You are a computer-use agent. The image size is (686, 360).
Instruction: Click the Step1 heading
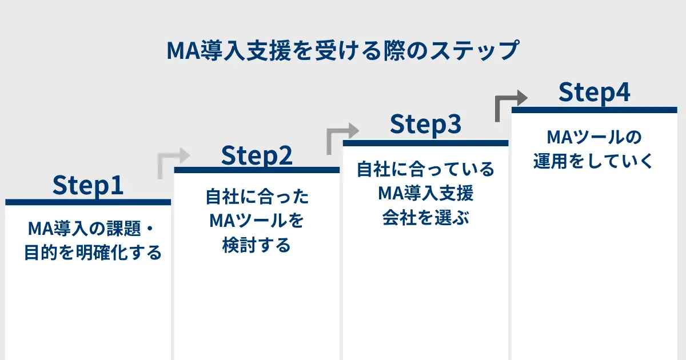88,185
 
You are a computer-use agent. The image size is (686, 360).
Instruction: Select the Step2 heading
257,155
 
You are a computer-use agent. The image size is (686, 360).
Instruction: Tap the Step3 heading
426,124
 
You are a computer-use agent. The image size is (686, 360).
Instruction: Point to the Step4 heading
595,92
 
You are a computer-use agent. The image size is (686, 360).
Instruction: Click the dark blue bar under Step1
88,202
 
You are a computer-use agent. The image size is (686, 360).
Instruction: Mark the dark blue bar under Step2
257,170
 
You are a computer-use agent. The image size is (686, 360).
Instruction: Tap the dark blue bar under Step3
426,143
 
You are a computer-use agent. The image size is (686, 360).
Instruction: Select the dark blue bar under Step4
595,110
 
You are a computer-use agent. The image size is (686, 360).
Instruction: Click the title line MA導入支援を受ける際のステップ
343,50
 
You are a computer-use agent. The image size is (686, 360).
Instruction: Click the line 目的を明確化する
93,253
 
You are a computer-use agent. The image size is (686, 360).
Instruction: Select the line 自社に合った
257,197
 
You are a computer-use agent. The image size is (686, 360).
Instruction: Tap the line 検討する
257,245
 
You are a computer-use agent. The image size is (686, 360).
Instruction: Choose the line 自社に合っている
426,169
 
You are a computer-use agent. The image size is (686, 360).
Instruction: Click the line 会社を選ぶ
426,218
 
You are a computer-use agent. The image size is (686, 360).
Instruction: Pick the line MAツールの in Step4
594,137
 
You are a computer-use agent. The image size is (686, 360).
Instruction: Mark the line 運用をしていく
594,161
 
